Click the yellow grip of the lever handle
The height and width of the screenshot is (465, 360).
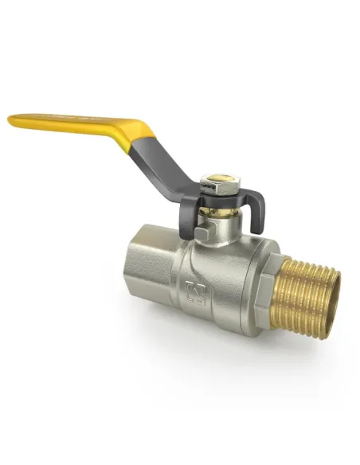tap(80, 123)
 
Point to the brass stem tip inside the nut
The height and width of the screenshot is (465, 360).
tap(214, 179)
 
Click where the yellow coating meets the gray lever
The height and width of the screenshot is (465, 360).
tap(147, 134)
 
